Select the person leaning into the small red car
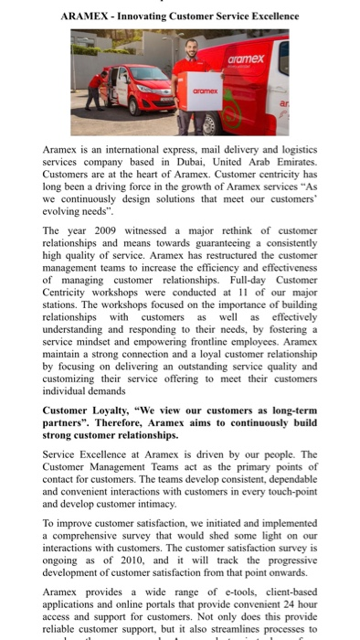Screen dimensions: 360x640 coord(98,88)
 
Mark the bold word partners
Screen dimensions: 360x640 coord(72,422)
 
